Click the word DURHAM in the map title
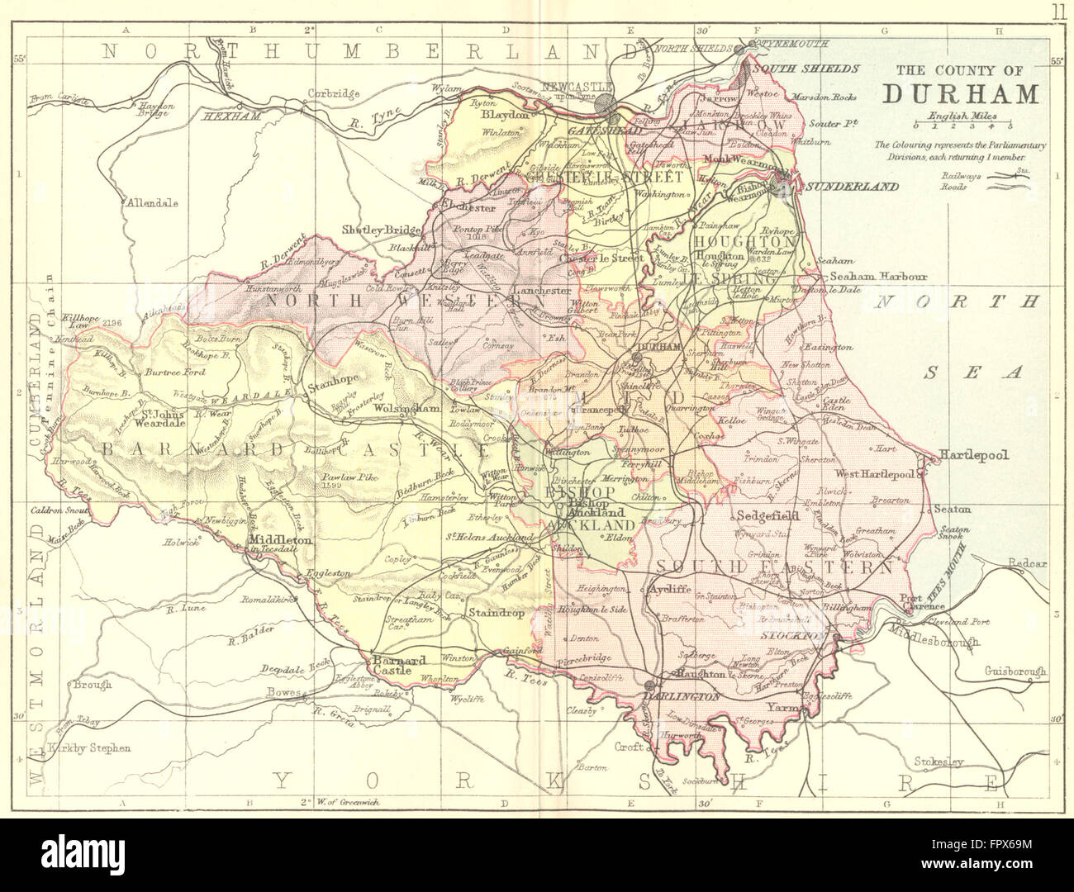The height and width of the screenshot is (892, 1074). pos(961,93)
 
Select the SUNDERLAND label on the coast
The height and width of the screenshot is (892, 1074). pos(852,187)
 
